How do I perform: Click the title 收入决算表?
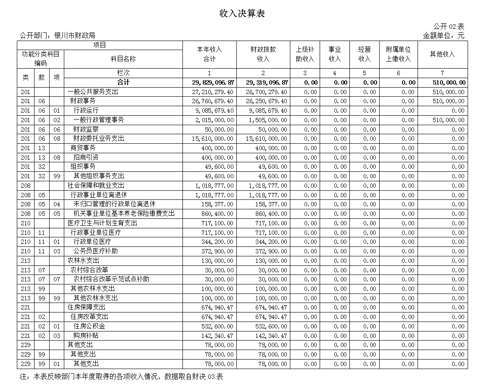[x=242, y=14]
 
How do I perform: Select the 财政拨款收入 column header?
[x=263, y=54]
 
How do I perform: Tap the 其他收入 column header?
[x=442, y=54]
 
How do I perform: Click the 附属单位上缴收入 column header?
[x=398, y=54]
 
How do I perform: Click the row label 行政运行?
[x=86, y=110]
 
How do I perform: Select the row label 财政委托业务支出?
[x=99, y=139]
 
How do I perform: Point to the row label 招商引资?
[x=86, y=158]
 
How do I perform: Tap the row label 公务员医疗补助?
[x=95, y=251]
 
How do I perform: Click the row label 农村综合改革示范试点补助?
[x=111, y=279]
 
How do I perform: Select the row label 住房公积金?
[x=89, y=326]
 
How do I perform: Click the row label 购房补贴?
[x=86, y=335]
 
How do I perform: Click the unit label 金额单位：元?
[x=443, y=35]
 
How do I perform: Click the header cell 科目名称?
[x=123, y=59]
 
